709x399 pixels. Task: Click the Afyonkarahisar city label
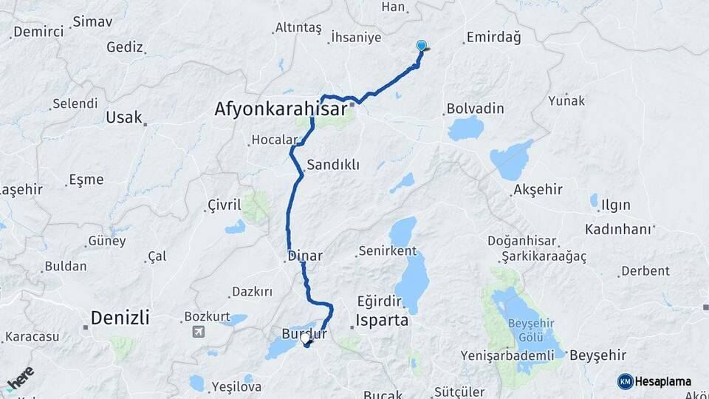click(x=281, y=109)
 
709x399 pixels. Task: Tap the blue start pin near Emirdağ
click(x=422, y=46)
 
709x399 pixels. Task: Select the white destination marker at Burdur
click(x=306, y=338)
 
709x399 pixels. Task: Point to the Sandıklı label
click(x=332, y=165)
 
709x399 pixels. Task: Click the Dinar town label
click(x=306, y=256)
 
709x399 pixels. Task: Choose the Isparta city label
click(x=382, y=321)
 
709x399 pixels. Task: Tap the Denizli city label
click(x=120, y=318)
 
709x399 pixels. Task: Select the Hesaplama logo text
click(x=662, y=381)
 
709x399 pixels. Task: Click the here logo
click(x=20, y=378)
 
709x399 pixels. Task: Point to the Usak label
click(x=123, y=117)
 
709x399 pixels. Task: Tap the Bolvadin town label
click(x=475, y=109)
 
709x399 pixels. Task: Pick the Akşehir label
click(x=536, y=190)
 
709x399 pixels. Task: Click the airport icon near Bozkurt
click(x=198, y=332)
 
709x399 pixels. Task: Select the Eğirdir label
click(x=379, y=301)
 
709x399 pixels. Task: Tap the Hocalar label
click(x=273, y=139)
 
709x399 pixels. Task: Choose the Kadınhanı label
click(x=618, y=229)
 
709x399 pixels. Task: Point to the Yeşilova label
click(x=236, y=386)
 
